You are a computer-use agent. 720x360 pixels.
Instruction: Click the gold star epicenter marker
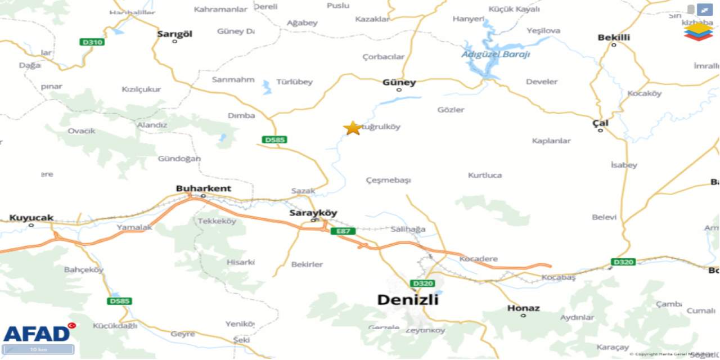(353, 128)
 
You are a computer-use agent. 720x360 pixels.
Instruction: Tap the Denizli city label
(407, 300)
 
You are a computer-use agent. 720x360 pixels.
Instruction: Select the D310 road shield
(92, 42)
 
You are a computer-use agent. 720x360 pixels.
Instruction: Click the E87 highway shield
(343, 231)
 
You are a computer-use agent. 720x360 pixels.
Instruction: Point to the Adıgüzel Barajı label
(496, 55)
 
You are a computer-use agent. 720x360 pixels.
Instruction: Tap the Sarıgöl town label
(174, 34)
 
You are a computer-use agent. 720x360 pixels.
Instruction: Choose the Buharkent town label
(203, 188)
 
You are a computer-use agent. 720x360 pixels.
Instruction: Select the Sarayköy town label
(313, 213)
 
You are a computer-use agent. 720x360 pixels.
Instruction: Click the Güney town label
(399, 83)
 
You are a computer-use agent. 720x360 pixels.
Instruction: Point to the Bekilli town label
(614, 38)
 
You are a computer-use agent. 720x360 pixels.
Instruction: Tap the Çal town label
(600, 123)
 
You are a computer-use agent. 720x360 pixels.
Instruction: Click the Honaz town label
(523, 308)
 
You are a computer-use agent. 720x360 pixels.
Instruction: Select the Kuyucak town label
(31, 218)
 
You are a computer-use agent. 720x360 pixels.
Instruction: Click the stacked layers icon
(698, 31)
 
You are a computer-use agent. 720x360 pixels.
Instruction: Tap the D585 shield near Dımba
(274, 139)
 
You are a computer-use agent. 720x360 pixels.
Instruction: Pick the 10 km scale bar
(38, 349)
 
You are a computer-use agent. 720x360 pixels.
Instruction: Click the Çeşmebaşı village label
(388, 180)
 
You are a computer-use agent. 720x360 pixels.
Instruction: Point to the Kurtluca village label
(485, 175)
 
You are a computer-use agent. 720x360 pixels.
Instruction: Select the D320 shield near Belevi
(623, 262)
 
